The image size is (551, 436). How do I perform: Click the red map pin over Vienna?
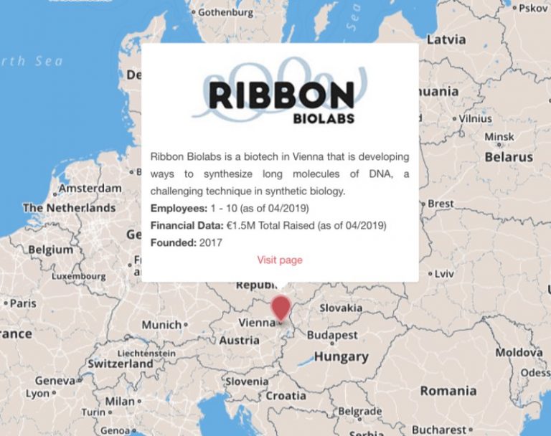(281, 308)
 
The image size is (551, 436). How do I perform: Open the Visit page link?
(280, 260)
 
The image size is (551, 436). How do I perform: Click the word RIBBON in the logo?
(281, 95)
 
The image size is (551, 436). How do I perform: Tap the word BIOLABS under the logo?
(324, 119)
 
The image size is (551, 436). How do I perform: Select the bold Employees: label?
(176, 208)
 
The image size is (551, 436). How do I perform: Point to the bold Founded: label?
(173, 242)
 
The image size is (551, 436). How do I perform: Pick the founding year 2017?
(211, 242)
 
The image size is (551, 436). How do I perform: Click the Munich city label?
(161, 325)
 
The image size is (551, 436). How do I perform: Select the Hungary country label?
(341, 356)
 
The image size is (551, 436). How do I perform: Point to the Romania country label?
(448, 391)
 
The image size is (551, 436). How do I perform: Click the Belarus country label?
(509, 156)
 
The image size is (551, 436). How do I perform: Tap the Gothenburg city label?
(225, 12)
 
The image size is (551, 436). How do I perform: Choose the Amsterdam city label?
(90, 188)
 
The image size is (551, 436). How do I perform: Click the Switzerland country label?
(121, 364)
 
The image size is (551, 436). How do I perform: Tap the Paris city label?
(22, 303)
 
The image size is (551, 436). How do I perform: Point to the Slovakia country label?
(341, 308)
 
